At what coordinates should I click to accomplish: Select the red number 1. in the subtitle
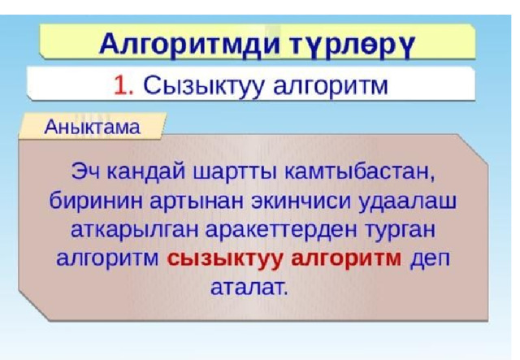click(123, 85)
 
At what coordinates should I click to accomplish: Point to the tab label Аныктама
click(92, 127)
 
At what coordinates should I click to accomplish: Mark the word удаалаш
click(408, 202)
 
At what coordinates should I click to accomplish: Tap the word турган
click(399, 231)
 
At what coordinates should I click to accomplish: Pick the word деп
click(430, 259)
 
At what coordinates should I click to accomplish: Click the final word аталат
click(248, 288)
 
